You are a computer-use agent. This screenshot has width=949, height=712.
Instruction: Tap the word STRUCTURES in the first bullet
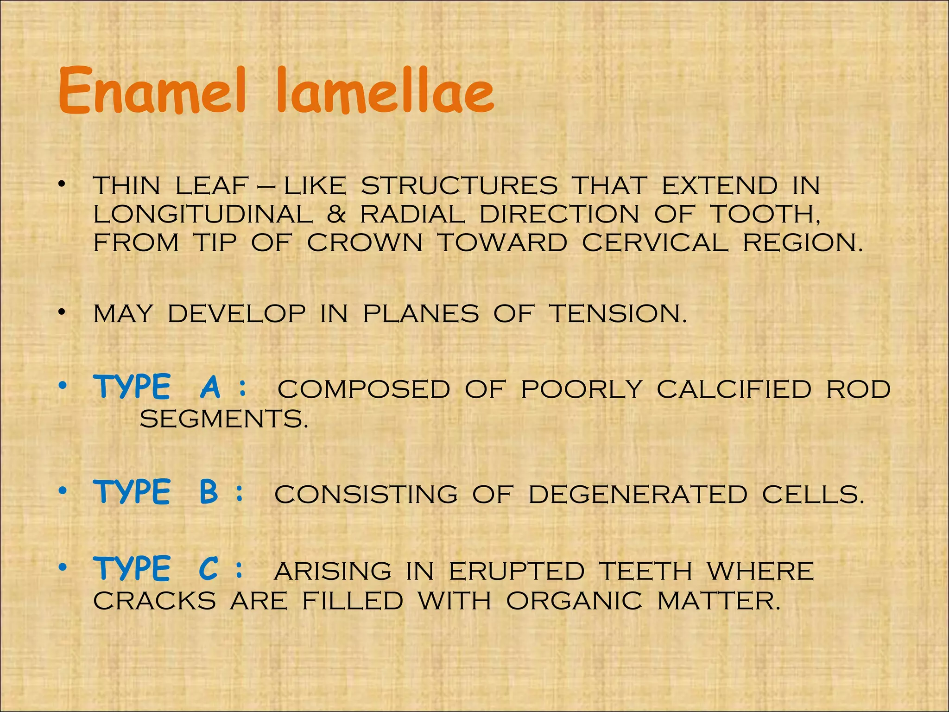point(459,186)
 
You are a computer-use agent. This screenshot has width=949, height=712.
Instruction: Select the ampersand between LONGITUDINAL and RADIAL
point(336,215)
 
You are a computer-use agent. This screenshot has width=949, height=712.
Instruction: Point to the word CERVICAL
point(655,243)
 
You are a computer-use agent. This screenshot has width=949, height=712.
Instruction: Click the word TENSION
point(618,314)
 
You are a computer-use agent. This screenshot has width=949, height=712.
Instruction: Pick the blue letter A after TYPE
point(210,387)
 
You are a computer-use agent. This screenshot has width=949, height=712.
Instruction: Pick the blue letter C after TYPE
point(209,569)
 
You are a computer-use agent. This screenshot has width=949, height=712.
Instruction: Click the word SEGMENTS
point(223,420)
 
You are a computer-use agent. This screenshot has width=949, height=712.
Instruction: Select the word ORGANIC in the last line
point(574,601)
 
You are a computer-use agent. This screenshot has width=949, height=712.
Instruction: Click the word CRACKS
point(154,601)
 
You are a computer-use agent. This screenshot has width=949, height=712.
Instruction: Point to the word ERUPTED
point(517,571)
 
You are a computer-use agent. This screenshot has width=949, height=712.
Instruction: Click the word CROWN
point(365,243)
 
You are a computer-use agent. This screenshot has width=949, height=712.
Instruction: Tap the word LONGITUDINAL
point(203,215)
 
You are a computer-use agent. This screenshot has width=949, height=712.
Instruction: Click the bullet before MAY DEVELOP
point(62,314)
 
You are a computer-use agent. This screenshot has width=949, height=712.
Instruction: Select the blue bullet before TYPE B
point(63,491)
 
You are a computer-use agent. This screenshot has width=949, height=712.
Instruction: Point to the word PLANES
point(421,314)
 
